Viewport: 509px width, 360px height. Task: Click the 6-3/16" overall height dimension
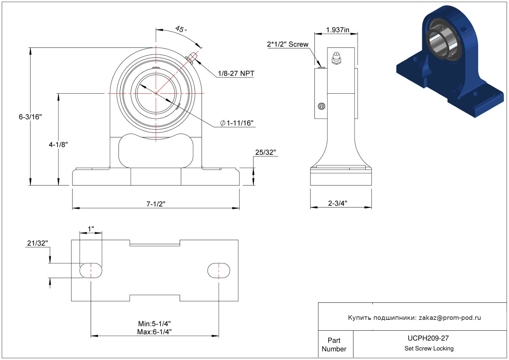click(x=30, y=117)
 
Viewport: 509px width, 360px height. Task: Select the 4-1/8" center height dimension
click(x=58, y=145)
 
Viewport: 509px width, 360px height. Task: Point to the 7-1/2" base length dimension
click(x=156, y=204)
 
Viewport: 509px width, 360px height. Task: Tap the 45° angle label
click(x=181, y=29)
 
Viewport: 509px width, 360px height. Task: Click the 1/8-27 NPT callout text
click(x=236, y=74)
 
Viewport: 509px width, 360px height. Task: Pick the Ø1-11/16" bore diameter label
click(x=236, y=123)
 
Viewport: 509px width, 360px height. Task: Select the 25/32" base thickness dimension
click(x=265, y=152)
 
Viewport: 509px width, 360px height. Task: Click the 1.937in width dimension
click(x=337, y=30)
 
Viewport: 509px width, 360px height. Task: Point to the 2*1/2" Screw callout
click(x=288, y=44)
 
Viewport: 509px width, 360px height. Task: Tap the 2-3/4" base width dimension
click(x=337, y=203)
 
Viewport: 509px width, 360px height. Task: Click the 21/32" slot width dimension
click(x=37, y=243)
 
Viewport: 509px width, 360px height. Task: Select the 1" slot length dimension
click(x=91, y=229)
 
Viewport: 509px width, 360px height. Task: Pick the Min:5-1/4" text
click(x=154, y=324)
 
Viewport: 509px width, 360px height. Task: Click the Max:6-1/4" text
click(x=154, y=332)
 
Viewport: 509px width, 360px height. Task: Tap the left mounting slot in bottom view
click(x=91, y=270)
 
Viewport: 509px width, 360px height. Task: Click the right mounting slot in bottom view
click(x=218, y=270)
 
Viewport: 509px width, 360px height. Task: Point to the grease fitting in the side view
click(x=336, y=58)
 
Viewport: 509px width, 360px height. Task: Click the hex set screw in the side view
click(x=321, y=106)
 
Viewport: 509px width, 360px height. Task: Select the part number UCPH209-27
click(x=428, y=338)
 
